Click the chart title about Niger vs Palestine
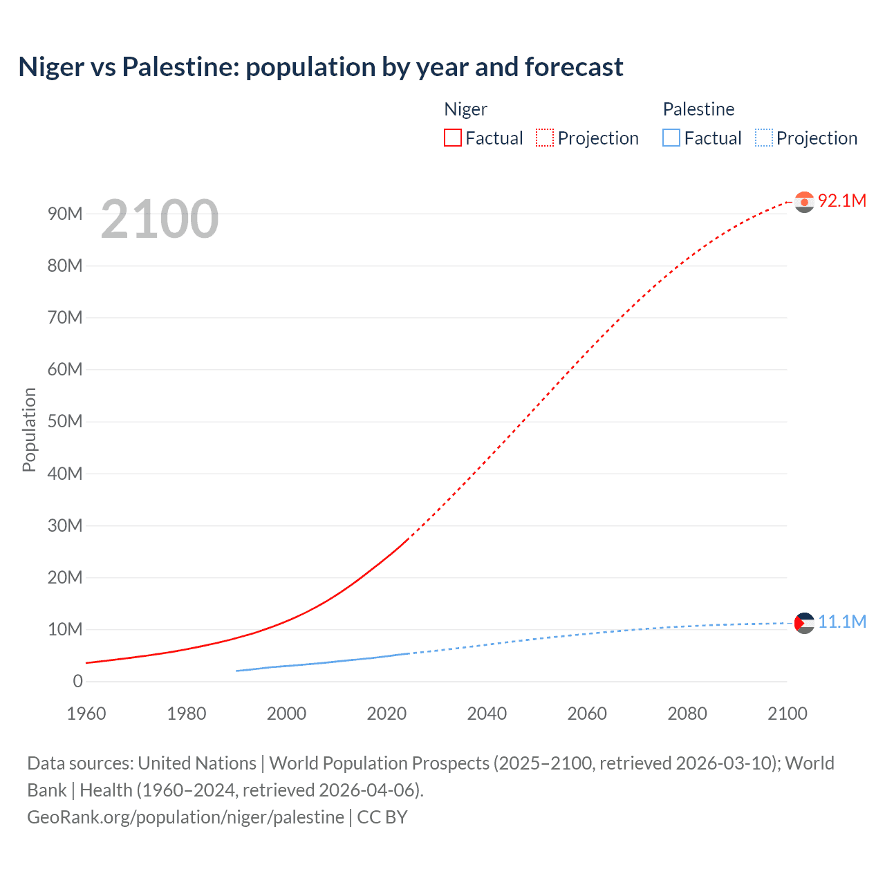tap(321, 67)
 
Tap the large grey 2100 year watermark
tap(160, 219)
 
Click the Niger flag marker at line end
tap(804, 202)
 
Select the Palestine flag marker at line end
tap(804, 623)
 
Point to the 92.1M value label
tap(841, 201)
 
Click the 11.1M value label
tap(841, 622)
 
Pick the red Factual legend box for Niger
tap(453, 138)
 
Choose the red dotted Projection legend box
tap(545, 138)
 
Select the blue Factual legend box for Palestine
tap(671, 138)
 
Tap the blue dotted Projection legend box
tap(763, 138)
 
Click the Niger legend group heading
tap(465, 109)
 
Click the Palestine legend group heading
tap(698, 109)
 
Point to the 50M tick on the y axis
tap(65, 422)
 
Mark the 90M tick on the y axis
tap(65, 214)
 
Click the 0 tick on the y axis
tap(77, 682)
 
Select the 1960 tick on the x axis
tap(86, 714)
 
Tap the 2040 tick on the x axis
tap(487, 714)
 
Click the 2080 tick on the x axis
tap(687, 714)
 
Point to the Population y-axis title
tap(29, 429)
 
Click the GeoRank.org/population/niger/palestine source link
tap(185, 817)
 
